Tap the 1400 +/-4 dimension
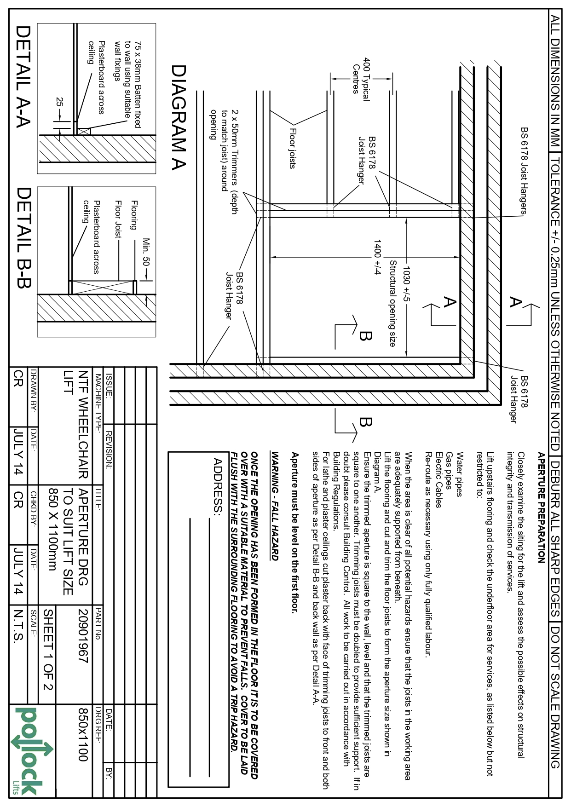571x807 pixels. click(x=378, y=257)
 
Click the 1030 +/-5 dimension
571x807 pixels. click(x=407, y=282)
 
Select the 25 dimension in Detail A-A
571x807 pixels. click(x=59, y=103)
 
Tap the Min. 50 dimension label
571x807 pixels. click(x=146, y=253)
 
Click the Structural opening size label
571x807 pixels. click(x=392, y=303)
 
